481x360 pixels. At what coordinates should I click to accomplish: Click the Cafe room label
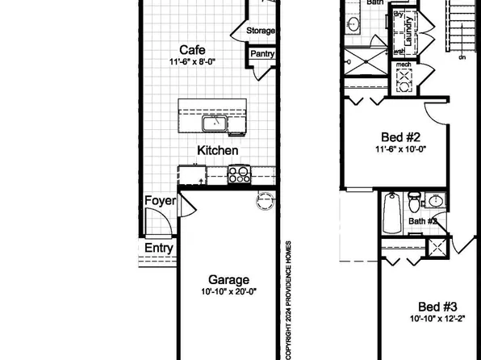(191, 49)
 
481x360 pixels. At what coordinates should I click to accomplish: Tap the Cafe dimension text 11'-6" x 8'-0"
(193, 62)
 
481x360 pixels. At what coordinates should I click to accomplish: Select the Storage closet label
(261, 31)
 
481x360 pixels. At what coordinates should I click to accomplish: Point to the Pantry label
(262, 54)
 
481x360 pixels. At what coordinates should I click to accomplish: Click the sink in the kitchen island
(215, 124)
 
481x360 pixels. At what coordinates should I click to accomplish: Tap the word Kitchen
(218, 150)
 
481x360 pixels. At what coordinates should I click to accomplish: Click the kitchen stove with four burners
(239, 174)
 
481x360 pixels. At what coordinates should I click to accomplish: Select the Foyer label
(160, 201)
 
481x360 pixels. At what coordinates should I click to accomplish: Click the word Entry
(159, 249)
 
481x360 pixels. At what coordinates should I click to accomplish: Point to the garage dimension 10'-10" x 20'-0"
(229, 292)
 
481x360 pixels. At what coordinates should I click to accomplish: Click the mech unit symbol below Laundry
(404, 79)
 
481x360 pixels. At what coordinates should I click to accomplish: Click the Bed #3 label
(438, 307)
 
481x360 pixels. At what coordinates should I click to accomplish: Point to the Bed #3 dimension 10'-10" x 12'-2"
(437, 320)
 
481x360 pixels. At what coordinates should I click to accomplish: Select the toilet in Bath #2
(412, 199)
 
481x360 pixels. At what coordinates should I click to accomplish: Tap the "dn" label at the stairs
(462, 57)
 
